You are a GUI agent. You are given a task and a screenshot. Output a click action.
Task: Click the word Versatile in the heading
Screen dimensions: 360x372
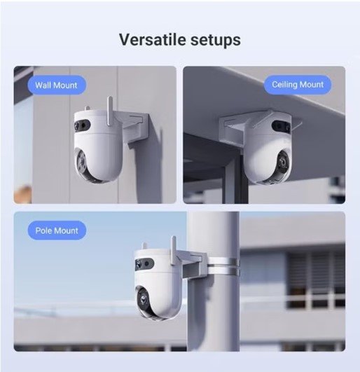(153, 39)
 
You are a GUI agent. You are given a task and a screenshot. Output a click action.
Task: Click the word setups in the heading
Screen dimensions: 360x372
(216, 41)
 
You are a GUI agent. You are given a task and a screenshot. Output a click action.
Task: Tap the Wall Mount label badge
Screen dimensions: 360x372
(57, 85)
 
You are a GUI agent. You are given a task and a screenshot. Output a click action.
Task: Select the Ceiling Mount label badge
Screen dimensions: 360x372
(298, 85)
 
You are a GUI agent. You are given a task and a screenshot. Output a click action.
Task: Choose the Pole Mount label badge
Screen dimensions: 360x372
(57, 230)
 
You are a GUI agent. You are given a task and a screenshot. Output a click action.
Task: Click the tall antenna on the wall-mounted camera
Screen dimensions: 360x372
(110, 111)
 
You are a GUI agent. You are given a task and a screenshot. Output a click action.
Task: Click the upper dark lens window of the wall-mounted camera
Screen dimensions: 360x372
(82, 125)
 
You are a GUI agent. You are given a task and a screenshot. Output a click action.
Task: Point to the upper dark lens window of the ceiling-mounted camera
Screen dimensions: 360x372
(281, 126)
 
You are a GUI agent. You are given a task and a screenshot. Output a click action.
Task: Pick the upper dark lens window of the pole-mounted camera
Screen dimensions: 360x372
(144, 263)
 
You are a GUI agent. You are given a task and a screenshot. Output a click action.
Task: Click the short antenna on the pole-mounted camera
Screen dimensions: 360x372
(144, 247)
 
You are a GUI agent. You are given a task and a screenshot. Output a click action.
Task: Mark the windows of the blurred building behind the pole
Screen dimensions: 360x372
(316, 280)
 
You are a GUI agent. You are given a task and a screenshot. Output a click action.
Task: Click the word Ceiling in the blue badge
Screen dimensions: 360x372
(284, 85)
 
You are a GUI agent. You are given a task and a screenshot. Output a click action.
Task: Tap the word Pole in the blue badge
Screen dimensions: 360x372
(43, 230)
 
